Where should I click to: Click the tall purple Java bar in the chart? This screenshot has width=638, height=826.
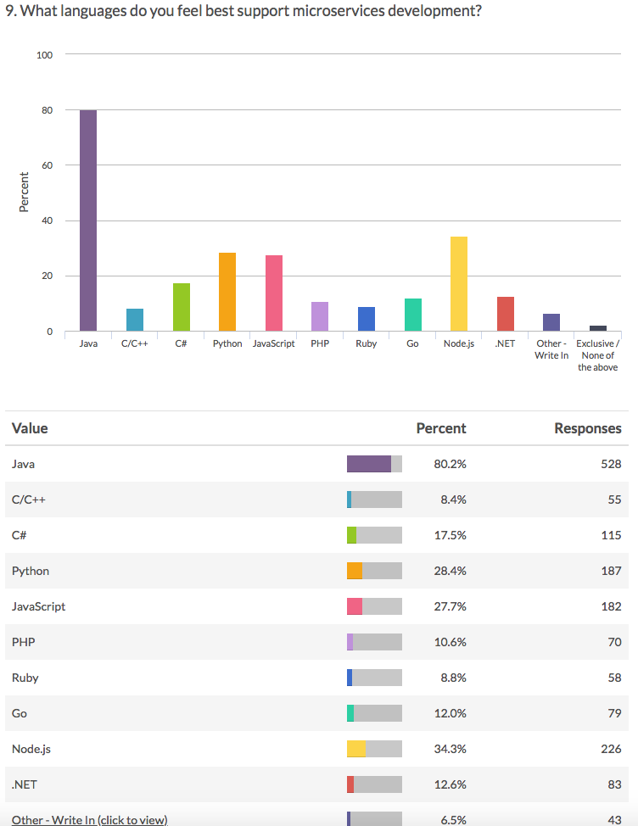coord(88,220)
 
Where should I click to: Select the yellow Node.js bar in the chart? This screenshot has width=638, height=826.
coord(458,284)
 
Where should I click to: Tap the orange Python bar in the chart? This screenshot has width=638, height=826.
coord(227,292)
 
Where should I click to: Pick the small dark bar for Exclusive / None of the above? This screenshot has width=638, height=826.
coord(597,328)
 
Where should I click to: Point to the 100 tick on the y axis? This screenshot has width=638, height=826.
coord(45,55)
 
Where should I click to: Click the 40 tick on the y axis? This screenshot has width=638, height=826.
coord(46,220)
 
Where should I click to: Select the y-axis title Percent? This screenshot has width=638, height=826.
coord(24,193)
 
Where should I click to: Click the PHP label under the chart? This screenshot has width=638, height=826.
coord(320,344)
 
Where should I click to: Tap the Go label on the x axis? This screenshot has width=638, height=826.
coord(412,344)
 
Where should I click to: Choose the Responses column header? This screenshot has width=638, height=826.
coord(587,428)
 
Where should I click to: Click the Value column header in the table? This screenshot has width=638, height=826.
coord(30,428)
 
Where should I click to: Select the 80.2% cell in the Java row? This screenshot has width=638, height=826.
coord(450,464)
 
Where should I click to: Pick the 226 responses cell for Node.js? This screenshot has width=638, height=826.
coord(611,749)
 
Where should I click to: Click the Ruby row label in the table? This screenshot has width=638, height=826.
coord(25,678)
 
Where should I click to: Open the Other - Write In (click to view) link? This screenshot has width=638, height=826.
coord(90,819)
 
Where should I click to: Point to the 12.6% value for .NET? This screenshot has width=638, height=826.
coord(450,784)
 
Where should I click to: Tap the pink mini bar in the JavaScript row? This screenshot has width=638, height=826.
coord(355,606)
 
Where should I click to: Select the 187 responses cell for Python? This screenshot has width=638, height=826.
coord(611,571)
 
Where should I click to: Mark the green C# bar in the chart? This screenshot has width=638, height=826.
coord(181,307)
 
